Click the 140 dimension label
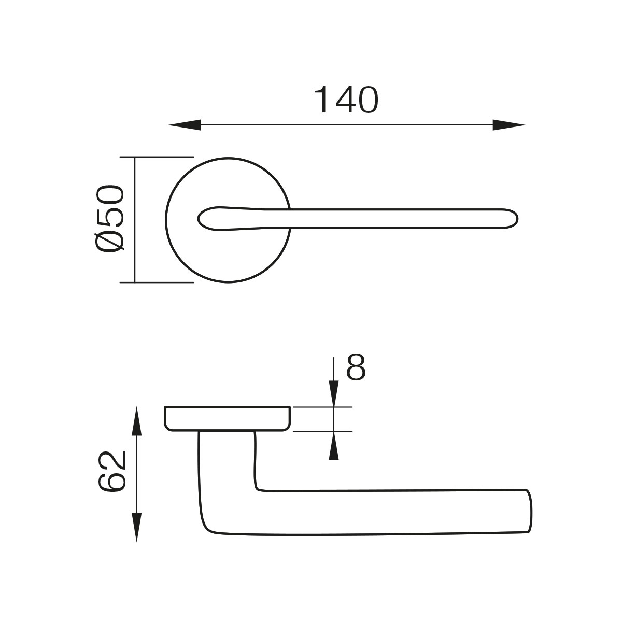[346, 100]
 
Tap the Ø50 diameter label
[110, 219]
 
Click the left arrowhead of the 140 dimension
[185, 125]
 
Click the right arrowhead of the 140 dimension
[509, 125]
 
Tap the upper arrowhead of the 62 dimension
[136, 422]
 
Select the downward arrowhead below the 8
[334, 393]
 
